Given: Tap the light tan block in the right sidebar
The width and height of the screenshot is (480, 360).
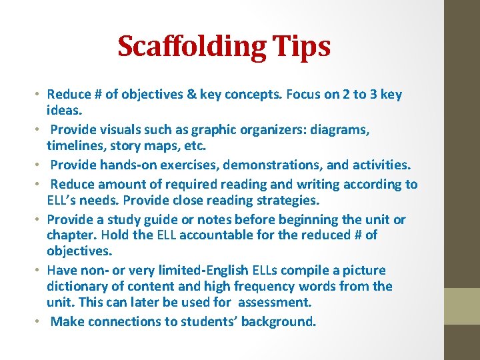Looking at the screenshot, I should [x=462, y=306].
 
